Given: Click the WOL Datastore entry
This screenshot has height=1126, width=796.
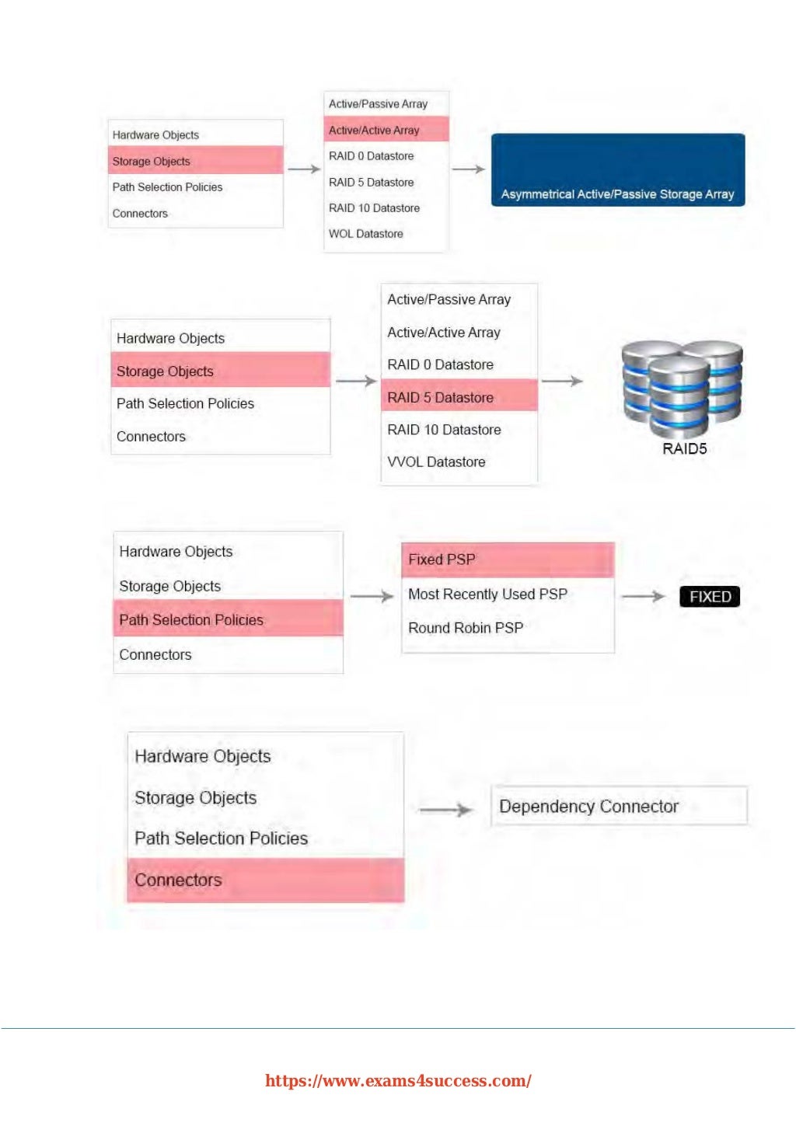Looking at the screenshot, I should pos(366,234).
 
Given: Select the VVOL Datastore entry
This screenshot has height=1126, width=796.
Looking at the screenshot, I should pos(436,462).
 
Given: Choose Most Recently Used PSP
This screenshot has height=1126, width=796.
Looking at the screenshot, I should pos(487,594).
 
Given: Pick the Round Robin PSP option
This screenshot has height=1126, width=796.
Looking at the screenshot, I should pos(466,628).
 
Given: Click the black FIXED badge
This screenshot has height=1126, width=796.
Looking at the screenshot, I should pos(710,597).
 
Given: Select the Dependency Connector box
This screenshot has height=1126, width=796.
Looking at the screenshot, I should pos(619,806).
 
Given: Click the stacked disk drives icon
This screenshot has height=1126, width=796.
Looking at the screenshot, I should pos(682,389).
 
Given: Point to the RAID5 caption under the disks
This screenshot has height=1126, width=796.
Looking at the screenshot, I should pos(684,449).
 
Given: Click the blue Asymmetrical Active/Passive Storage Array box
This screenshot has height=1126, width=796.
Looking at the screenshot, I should pos(618,170).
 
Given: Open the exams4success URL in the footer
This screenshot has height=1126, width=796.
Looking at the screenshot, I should pos(398,1081).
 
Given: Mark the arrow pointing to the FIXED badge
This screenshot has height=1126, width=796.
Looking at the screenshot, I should pos(644,597).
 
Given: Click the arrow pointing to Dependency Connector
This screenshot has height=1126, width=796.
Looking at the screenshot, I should pos(445,810).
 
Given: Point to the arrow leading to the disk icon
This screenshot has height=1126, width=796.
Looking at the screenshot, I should pos(561,381).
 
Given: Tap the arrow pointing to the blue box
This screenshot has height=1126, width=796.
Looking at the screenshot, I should pos(468,169).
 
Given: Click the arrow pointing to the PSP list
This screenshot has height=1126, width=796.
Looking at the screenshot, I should pos(372,596).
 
